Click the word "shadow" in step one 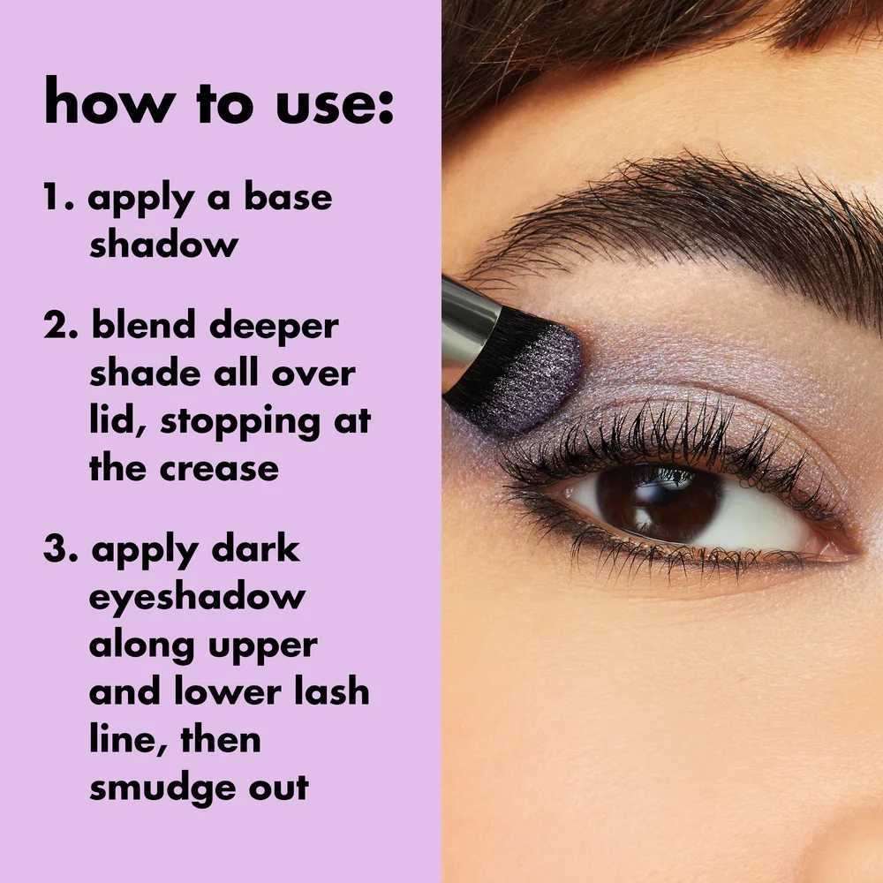pos(163,245)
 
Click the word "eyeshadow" pos(196,598)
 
